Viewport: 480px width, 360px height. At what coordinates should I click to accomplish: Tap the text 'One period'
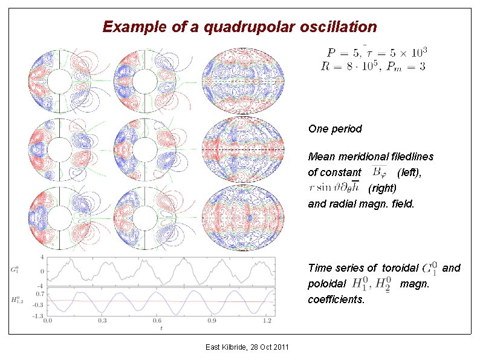coord(335,129)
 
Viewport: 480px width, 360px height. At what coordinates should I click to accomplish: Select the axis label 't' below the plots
coord(161,329)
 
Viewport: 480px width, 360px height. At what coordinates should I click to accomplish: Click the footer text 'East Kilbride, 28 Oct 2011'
coord(247,347)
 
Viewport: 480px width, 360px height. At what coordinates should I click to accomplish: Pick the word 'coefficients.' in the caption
coord(336,299)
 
